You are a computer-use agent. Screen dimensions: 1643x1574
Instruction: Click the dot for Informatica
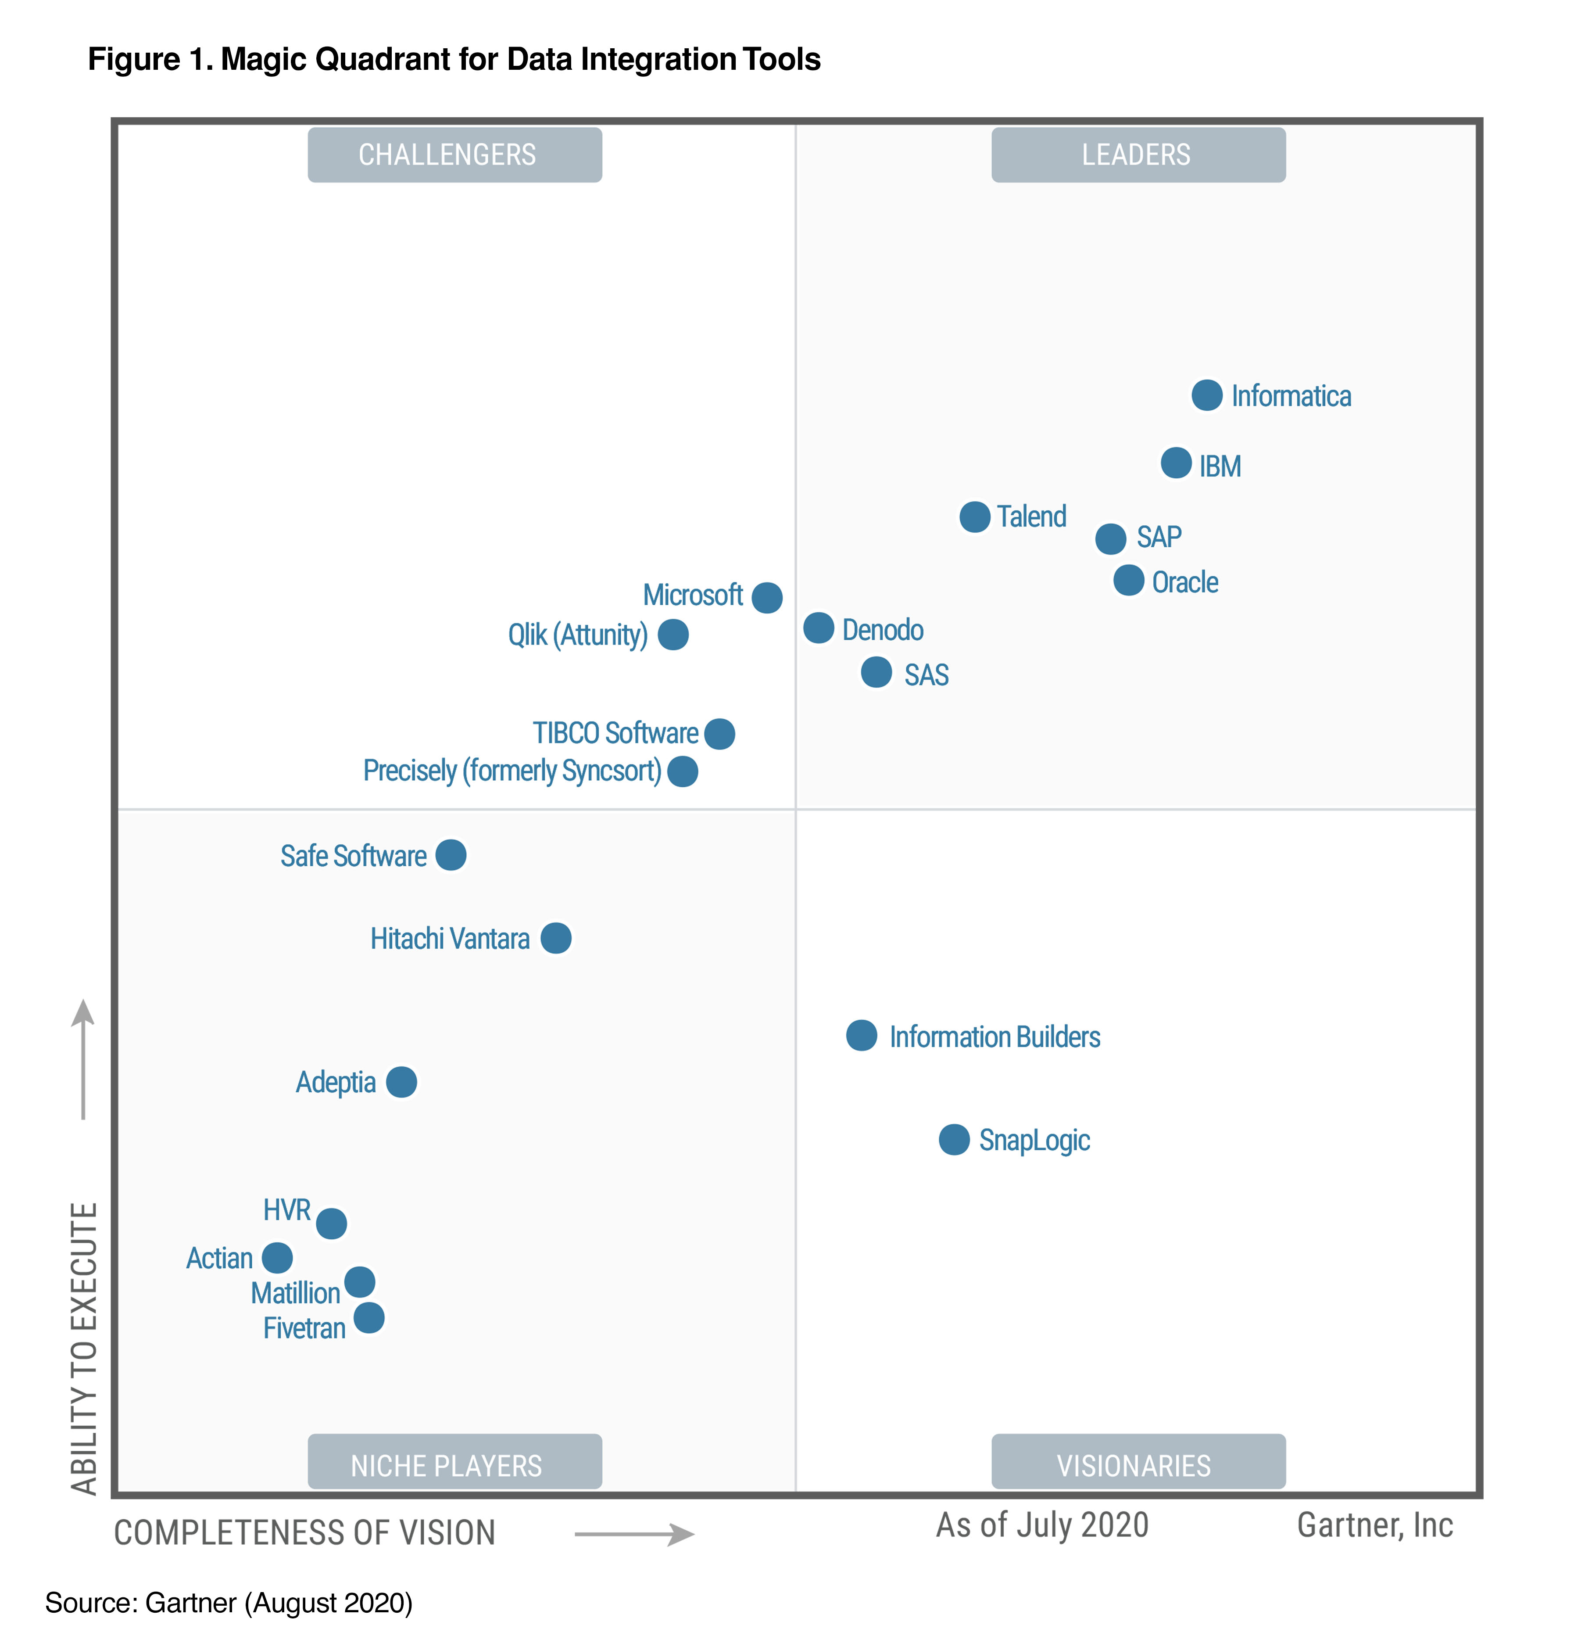click(1206, 395)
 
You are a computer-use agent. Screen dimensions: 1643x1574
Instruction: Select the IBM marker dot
click(1176, 463)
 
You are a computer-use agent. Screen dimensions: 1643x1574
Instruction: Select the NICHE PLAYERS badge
click(454, 1465)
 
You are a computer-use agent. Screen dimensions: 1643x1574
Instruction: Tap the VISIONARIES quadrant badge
click(1138, 1465)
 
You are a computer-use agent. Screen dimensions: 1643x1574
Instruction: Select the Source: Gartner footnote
click(229, 1603)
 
